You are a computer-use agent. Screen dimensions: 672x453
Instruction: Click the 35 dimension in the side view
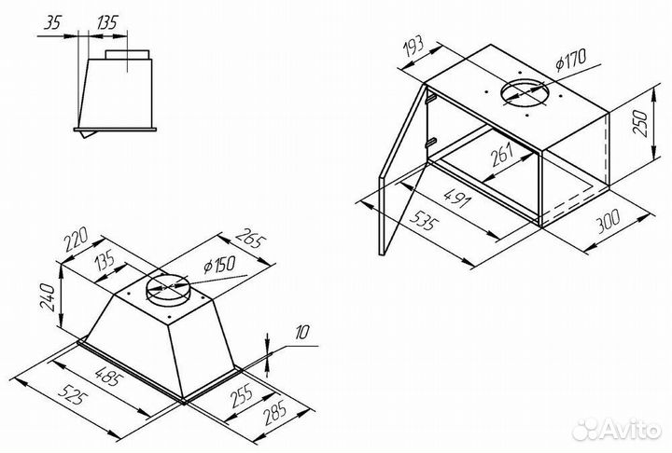(x=52, y=22)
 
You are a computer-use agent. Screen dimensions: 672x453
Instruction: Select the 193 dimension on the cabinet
(x=414, y=48)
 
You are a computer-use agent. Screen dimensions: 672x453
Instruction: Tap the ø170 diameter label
(x=570, y=60)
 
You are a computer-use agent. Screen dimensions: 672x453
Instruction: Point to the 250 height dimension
(x=640, y=123)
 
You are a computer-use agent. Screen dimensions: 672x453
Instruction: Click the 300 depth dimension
(x=608, y=221)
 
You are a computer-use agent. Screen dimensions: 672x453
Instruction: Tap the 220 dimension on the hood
(x=77, y=240)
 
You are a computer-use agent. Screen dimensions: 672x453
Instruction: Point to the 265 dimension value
(x=251, y=239)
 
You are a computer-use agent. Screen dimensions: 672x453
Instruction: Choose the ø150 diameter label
(x=219, y=266)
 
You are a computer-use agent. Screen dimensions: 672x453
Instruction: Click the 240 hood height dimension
(x=48, y=297)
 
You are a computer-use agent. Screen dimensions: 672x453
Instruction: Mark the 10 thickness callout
(x=301, y=333)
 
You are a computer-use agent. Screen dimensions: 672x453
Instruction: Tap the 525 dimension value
(x=70, y=394)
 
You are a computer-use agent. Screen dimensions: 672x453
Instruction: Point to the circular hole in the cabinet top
(x=525, y=93)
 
